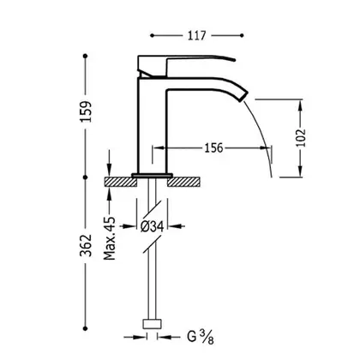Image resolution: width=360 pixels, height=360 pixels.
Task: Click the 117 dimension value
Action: pyautogui.click(x=196, y=36)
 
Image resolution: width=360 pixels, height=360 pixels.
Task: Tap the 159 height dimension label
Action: pyautogui.click(x=86, y=111)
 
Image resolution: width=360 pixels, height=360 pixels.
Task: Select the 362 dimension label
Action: pyautogui.click(x=86, y=245)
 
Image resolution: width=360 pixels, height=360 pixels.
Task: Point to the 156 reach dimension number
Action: pyautogui.click(x=213, y=147)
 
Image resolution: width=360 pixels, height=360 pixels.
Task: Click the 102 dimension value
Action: pyautogui.click(x=301, y=138)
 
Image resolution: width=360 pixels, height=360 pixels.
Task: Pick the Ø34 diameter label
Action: pyautogui.click(x=153, y=226)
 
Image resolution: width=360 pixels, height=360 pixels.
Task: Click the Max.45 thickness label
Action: pyautogui.click(x=110, y=238)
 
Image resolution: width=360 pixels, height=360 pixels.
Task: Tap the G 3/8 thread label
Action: pyautogui.click(x=201, y=337)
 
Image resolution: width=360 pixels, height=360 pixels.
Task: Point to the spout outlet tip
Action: pyautogui.click(x=243, y=97)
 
